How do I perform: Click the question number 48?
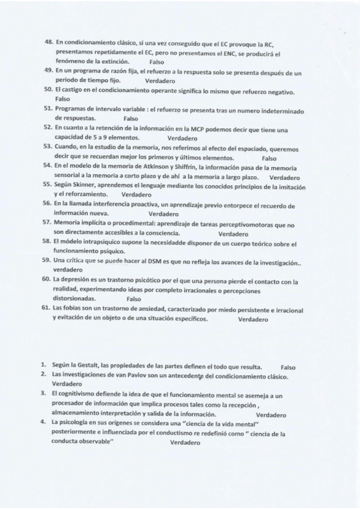[49, 43]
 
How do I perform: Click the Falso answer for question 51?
[130, 118]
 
